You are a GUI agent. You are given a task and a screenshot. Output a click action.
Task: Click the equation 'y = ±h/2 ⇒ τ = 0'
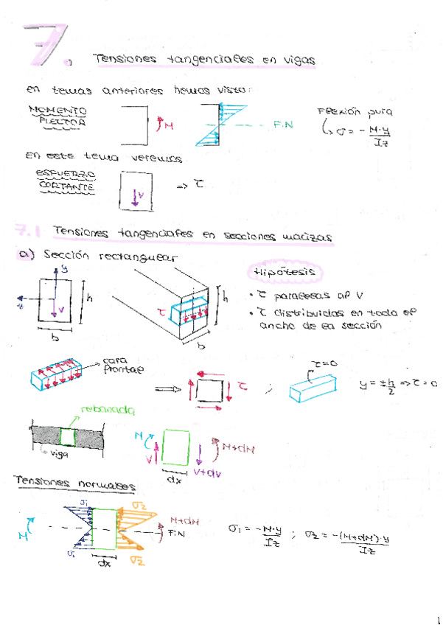[x=397, y=384]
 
